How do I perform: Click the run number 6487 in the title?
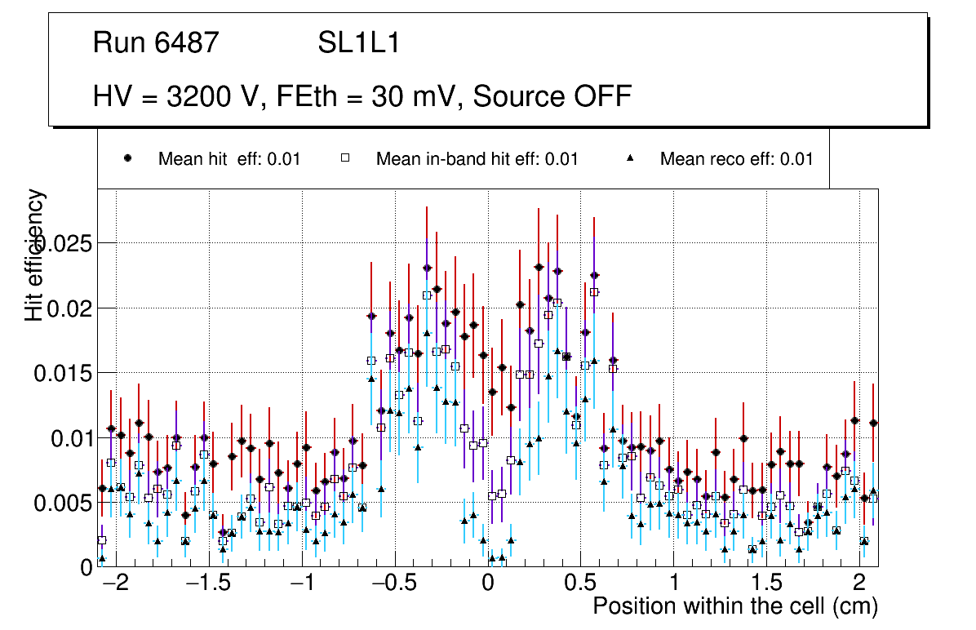[x=186, y=43]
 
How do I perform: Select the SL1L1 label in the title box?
[x=359, y=43]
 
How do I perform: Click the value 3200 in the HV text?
[x=199, y=96]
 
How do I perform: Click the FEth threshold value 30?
[x=388, y=96]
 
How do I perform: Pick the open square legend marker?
[x=345, y=159]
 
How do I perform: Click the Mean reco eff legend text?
[x=736, y=159]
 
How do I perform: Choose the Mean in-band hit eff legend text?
[x=477, y=159]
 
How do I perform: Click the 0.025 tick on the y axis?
[x=62, y=243]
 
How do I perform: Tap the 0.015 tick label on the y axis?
[x=62, y=374]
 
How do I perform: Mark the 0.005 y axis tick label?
[x=62, y=504]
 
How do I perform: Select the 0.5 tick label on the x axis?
[x=581, y=584]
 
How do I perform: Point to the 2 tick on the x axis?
[x=859, y=584]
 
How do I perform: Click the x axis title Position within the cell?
[x=734, y=607]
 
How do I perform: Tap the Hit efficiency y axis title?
[x=34, y=255]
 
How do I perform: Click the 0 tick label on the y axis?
[x=86, y=568]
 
